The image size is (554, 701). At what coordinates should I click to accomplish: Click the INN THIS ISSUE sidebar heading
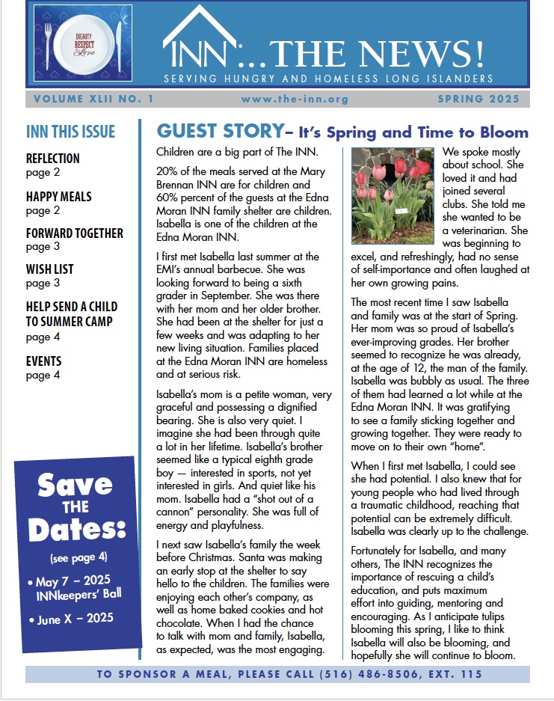click(x=70, y=132)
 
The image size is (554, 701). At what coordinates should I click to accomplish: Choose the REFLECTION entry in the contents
click(x=52, y=159)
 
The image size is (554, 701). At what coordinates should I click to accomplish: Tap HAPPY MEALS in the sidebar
click(x=59, y=196)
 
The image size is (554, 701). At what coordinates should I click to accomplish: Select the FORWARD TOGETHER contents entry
click(x=75, y=233)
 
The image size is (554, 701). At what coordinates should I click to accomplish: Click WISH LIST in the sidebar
click(x=49, y=269)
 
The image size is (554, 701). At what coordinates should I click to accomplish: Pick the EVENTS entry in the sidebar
click(x=44, y=361)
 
